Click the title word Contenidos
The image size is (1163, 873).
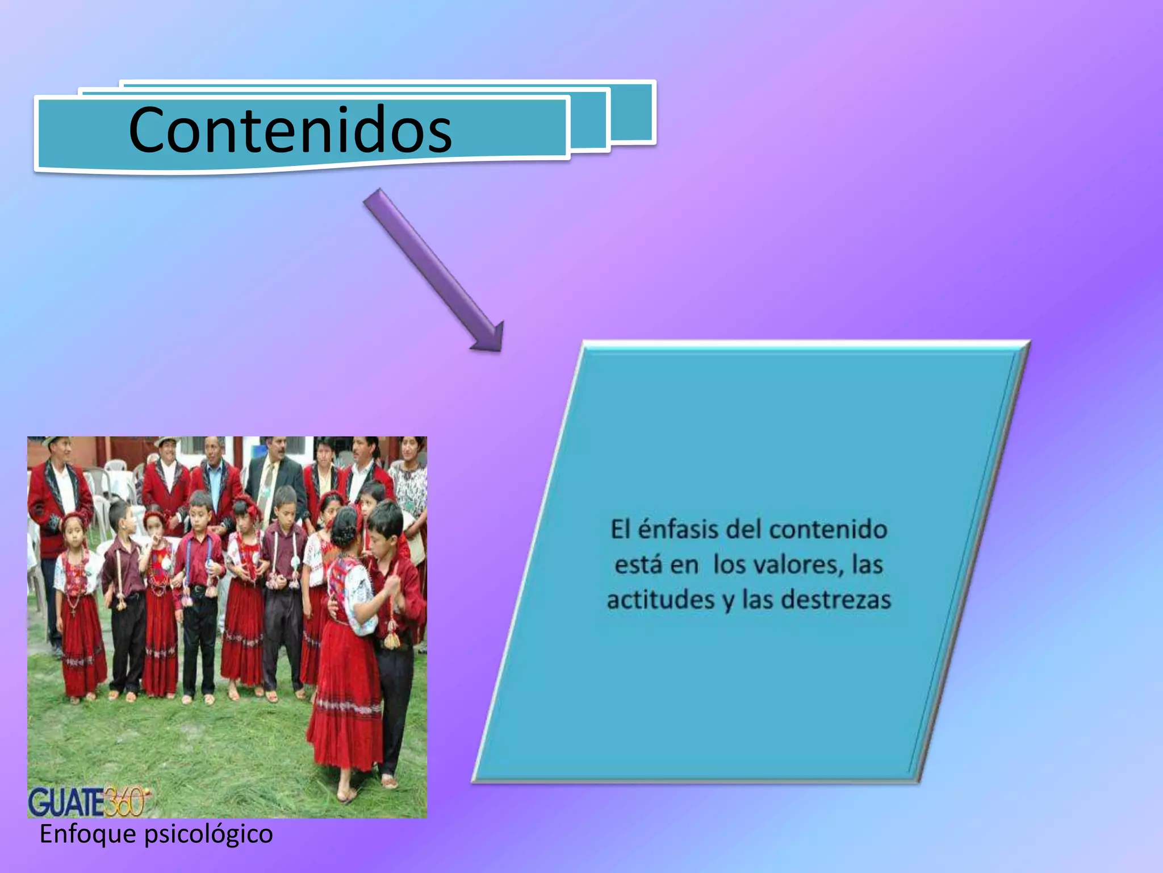(x=290, y=130)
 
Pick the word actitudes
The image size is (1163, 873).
(x=660, y=600)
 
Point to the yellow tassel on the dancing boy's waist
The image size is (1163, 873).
(x=392, y=639)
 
